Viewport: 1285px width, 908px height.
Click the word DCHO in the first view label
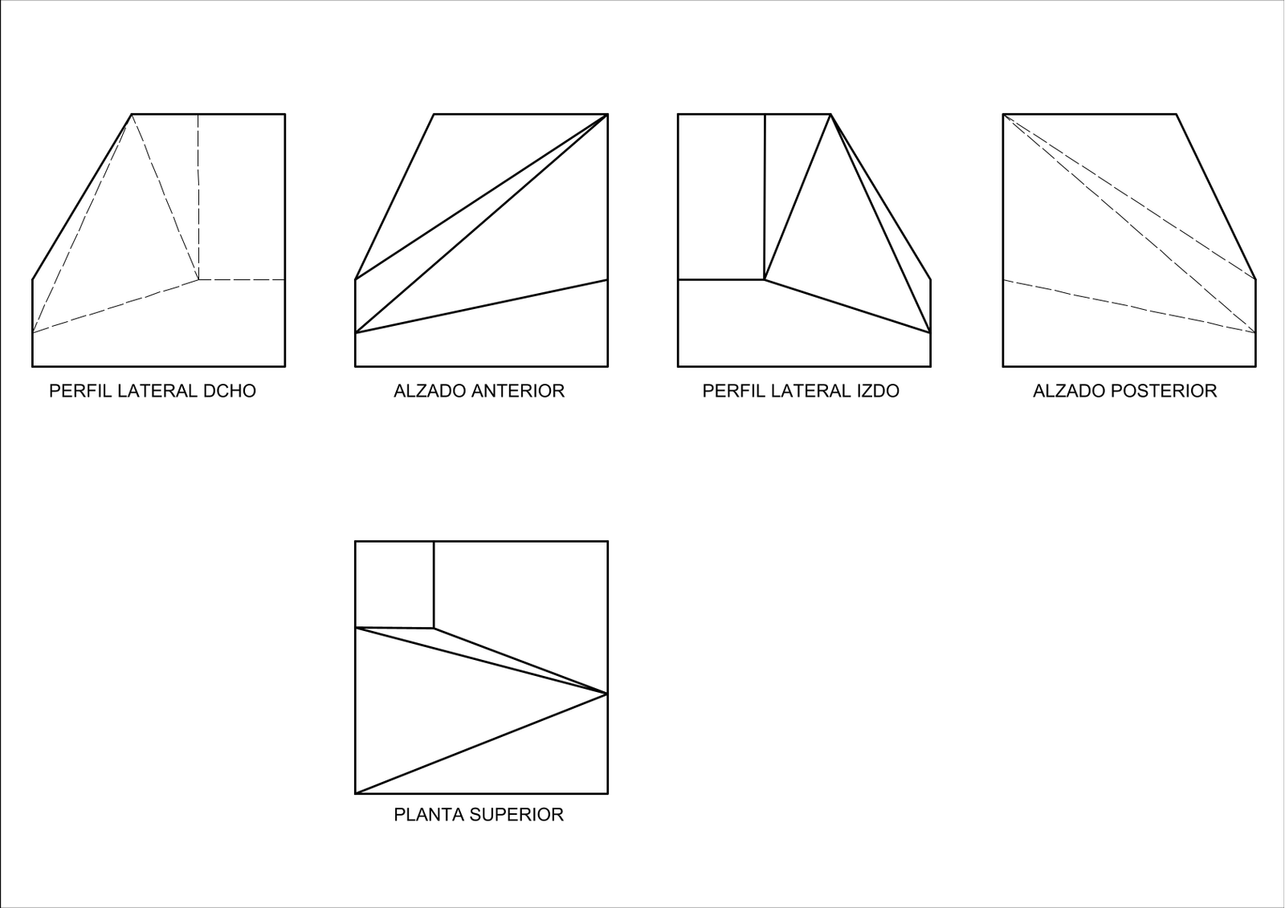click(x=230, y=391)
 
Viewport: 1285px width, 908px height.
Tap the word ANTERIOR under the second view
click(x=518, y=391)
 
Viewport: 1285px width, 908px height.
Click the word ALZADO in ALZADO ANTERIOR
click(x=430, y=391)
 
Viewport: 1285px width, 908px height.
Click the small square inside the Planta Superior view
click(x=394, y=584)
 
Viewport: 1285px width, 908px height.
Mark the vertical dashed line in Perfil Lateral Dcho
click(x=198, y=197)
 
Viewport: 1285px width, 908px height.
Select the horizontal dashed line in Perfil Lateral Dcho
click(x=242, y=280)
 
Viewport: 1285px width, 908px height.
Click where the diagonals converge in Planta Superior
click(x=607, y=694)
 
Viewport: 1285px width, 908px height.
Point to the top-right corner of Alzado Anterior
click(x=607, y=114)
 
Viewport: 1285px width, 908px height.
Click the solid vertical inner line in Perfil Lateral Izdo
click(x=765, y=197)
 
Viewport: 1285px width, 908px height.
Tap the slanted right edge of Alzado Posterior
click(x=1216, y=197)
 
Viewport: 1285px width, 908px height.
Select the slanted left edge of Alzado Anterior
click(x=394, y=197)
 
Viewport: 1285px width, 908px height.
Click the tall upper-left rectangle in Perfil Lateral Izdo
click(x=722, y=197)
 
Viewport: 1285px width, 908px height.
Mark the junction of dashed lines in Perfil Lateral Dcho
click(x=198, y=280)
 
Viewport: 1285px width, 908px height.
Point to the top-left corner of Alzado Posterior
click(x=1003, y=114)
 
